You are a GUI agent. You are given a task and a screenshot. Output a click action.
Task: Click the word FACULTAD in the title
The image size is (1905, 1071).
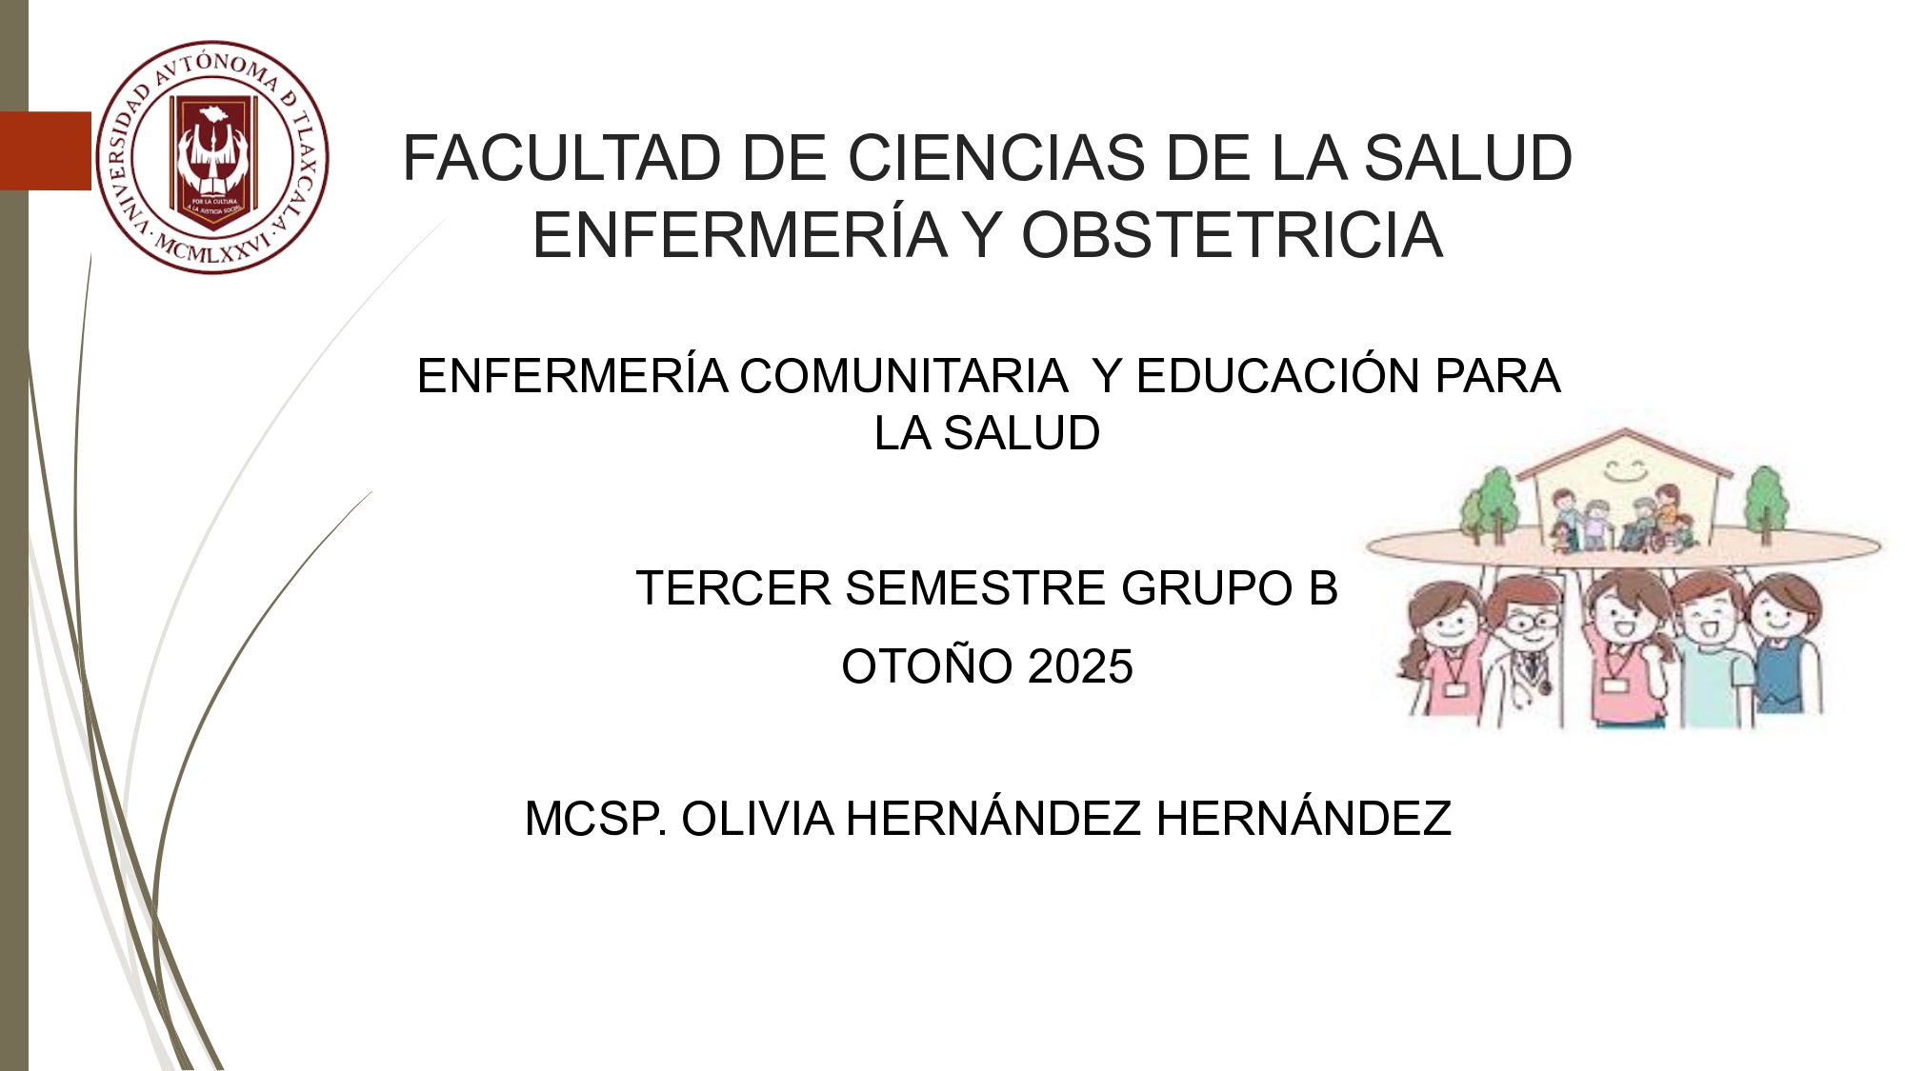pyautogui.click(x=562, y=158)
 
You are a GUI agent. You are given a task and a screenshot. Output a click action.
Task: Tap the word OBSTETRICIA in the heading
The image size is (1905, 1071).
pyautogui.click(x=1232, y=235)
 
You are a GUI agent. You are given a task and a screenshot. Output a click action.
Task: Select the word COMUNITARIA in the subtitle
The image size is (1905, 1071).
pyautogui.click(x=903, y=376)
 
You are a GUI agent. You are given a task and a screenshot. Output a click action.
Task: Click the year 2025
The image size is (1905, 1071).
pyautogui.click(x=1080, y=666)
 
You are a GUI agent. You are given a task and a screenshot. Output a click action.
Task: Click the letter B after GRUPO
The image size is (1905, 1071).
pyautogui.click(x=1323, y=588)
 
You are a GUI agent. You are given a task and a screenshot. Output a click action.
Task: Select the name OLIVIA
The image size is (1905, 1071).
pyautogui.click(x=758, y=819)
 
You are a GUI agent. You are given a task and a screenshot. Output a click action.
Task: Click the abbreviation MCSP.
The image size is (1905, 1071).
pyautogui.click(x=596, y=819)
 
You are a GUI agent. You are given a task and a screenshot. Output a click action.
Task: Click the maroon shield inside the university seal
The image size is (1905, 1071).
pyautogui.click(x=213, y=163)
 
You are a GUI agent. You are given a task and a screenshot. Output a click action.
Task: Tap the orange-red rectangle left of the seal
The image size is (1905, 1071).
pyautogui.click(x=46, y=150)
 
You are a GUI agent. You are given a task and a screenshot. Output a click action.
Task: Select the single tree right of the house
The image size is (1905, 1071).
pyautogui.click(x=1765, y=502)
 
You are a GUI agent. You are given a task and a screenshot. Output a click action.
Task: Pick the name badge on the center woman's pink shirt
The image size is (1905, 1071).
pyautogui.click(x=1614, y=684)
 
